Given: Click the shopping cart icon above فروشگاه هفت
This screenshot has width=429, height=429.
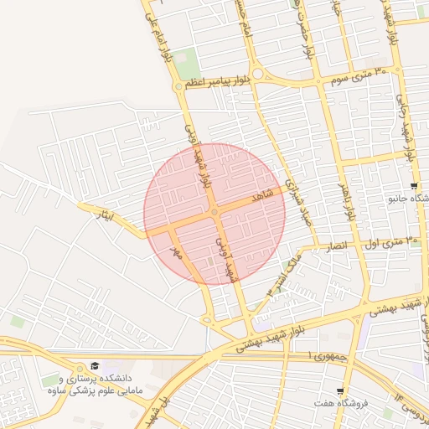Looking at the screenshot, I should coord(340,391).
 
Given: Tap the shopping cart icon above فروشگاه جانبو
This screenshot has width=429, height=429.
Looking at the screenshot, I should coord(414,185).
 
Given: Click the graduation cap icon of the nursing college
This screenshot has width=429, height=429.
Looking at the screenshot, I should coord(95,366).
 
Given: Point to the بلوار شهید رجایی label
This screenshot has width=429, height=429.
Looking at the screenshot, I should coord(410,134).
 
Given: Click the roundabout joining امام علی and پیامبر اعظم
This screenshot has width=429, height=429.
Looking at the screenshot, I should coord(178,85).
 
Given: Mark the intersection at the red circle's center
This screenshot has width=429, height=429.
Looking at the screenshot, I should coord(214,214).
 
